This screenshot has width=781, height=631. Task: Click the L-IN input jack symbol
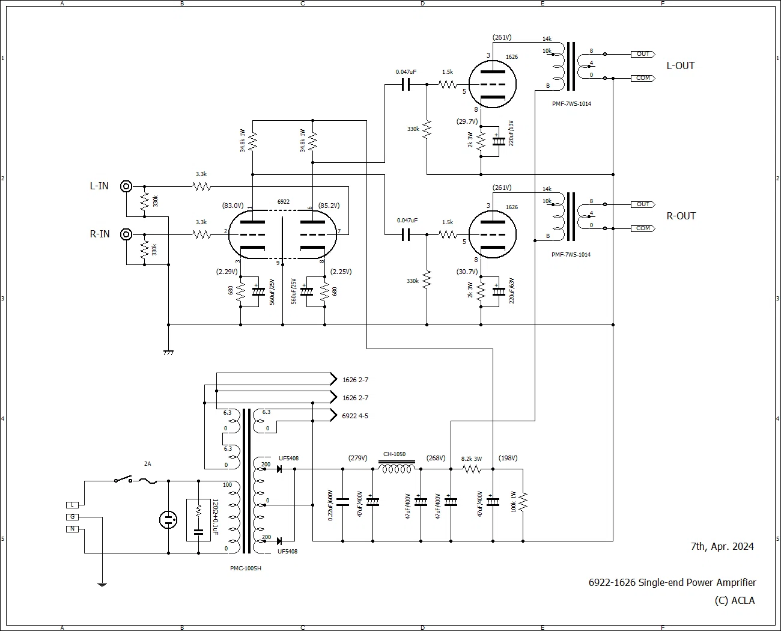click(x=126, y=186)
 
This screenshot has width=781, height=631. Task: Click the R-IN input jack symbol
click(x=126, y=234)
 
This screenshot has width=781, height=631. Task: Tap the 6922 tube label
click(x=283, y=202)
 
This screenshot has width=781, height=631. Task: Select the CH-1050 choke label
click(x=394, y=454)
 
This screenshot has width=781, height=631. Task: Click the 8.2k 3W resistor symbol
click(x=472, y=469)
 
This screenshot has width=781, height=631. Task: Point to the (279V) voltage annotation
click(x=357, y=458)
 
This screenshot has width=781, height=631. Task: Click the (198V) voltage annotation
click(x=508, y=458)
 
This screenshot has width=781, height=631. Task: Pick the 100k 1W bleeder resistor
click(x=523, y=502)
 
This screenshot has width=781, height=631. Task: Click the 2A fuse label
click(x=147, y=464)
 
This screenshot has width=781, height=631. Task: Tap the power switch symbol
click(x=123, y=479)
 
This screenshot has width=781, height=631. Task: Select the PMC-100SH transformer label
click(x=246, y=569)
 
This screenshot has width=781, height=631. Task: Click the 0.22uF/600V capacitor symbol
click(x=343, y=502)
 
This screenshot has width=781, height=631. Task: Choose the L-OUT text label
click(x=681, y=66)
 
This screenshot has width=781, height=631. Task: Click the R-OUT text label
click(x=681, y=216)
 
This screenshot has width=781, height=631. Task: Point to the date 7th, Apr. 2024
click(x=722, y=546)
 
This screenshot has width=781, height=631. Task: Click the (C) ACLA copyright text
click(x=734, y=600)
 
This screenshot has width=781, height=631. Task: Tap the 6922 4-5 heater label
click(x=355, y=416)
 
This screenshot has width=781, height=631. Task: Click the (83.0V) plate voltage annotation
click(x=233, y=206)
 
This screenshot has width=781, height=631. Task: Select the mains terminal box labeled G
click(x=72, y=517)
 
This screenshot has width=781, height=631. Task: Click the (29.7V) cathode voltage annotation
click(x=467, y=121)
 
